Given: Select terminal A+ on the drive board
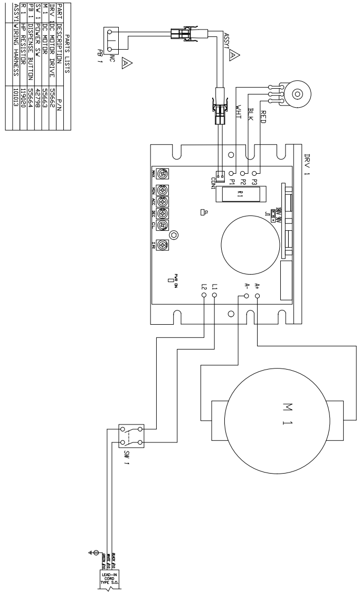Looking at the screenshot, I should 257,296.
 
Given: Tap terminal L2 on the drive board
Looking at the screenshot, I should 204,296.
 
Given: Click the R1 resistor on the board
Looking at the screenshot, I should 241,193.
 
